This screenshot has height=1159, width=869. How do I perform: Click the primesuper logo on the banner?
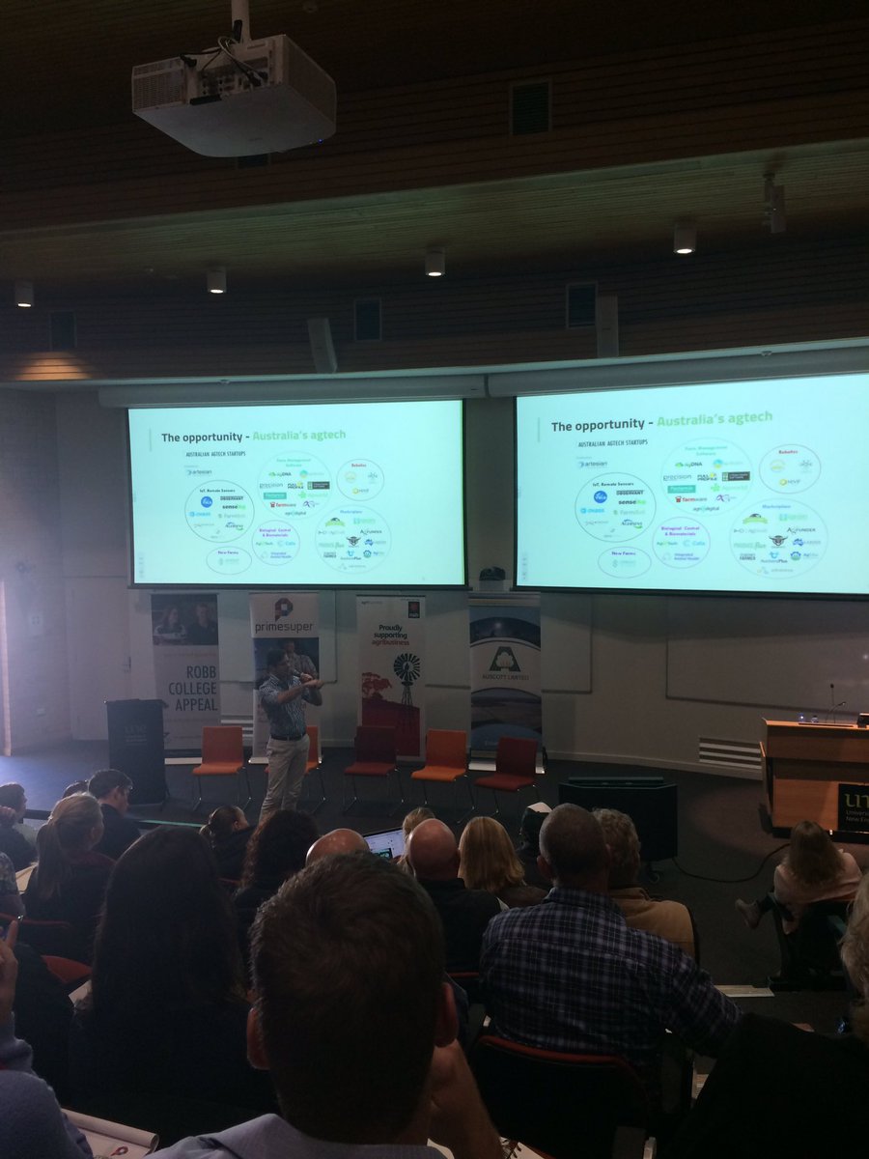[x=283, y=617]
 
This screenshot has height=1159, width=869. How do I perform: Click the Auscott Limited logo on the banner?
[x=505, y=662]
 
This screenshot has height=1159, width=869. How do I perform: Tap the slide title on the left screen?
[x=254, y=436]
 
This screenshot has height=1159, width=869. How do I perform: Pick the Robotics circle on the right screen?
[x=790, y=468]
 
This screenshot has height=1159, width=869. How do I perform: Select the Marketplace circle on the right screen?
[x=777, y=538]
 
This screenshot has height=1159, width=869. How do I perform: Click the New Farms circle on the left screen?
[x=229, y=559]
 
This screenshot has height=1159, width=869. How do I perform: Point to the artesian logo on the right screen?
[x=592, y=463]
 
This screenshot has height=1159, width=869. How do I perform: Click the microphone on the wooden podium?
[x=831, y=700]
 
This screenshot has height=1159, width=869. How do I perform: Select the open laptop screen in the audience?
[x=385, y=842]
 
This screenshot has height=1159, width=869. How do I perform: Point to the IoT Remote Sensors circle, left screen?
[x=219, y=511]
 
